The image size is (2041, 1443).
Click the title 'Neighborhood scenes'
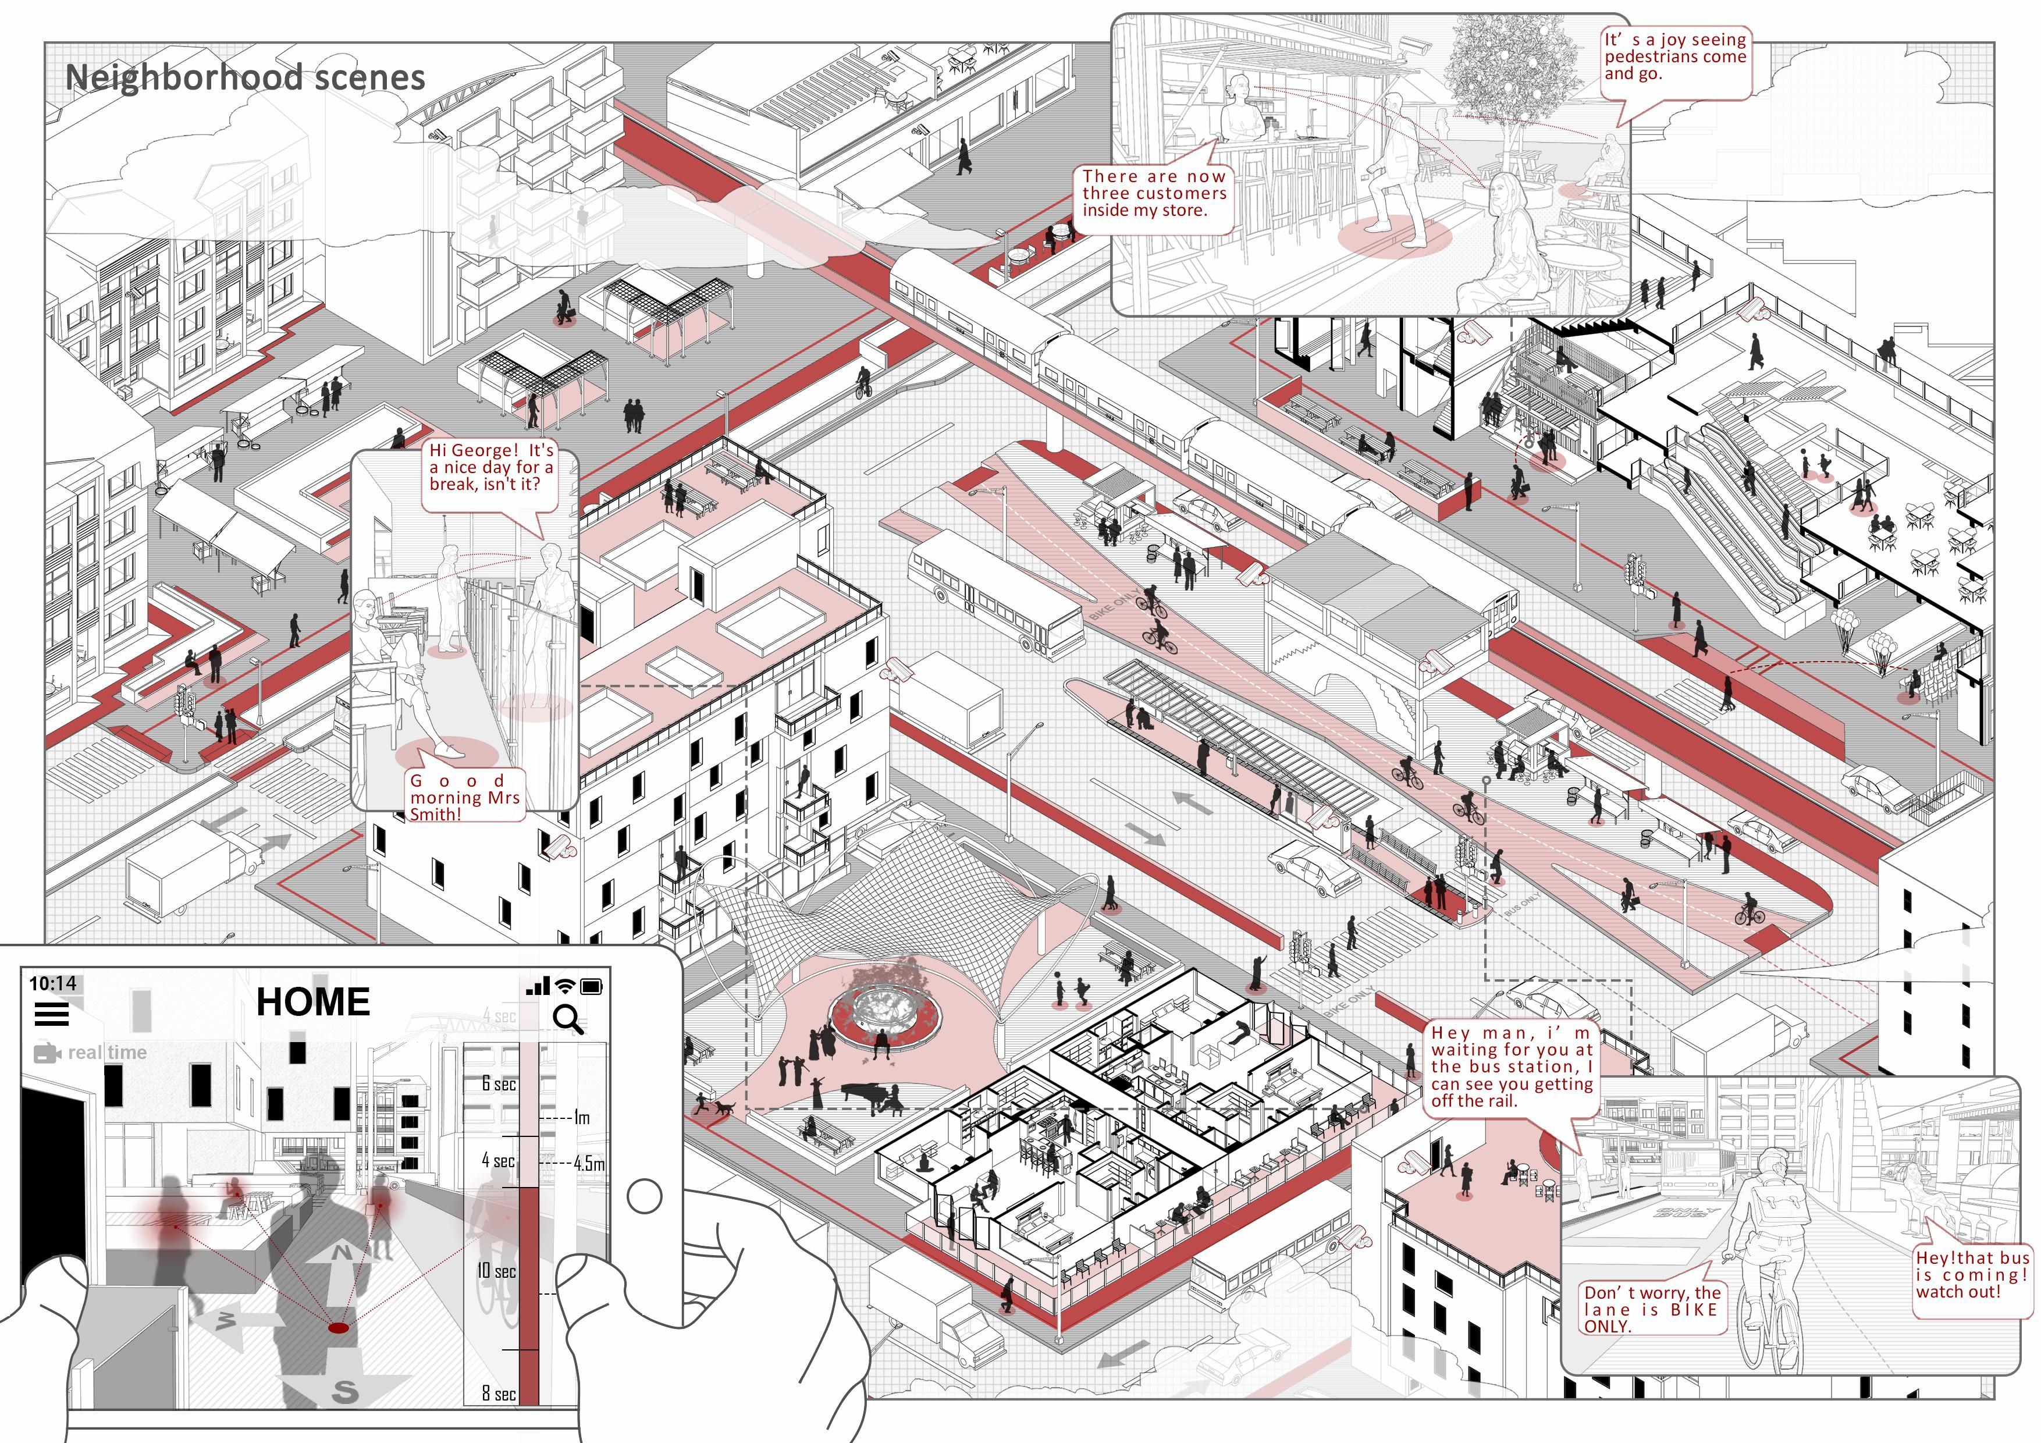tap(246, 77)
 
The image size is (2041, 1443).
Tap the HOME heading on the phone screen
tap(313, 1002)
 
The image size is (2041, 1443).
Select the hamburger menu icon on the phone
tap(52, 1014)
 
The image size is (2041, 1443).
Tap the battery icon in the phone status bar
tap(592, 986)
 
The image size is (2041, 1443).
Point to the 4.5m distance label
tap(588, 1163)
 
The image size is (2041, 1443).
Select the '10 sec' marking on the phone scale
tap(496, 1271)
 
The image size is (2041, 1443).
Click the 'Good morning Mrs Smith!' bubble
tap(464, 797)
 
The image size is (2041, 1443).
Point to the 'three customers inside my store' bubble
tap(1154, 194)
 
